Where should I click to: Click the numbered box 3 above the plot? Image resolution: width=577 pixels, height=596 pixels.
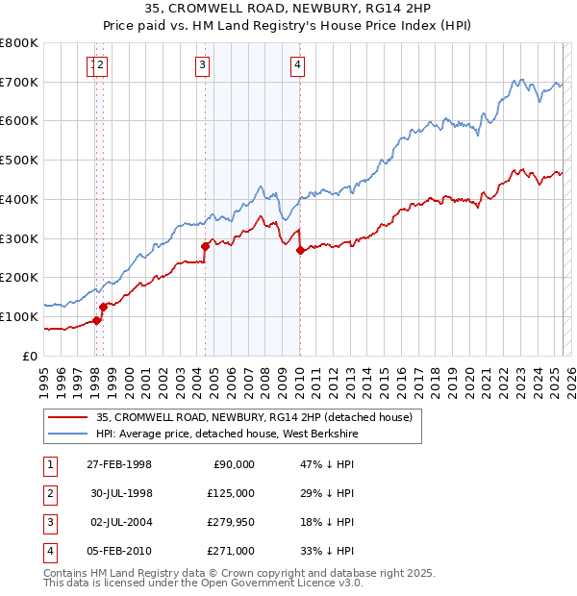[203, 65]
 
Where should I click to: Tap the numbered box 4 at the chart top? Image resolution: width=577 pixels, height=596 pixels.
[298, 65]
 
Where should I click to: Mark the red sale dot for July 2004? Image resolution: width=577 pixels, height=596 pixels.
[205, 246]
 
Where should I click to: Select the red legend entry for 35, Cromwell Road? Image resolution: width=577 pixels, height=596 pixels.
[254, 417]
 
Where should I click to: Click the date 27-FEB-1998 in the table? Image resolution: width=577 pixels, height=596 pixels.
[119, 465]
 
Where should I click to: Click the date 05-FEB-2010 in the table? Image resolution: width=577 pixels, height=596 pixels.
[119, 552]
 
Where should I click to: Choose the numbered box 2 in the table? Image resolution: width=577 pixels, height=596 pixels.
[49, 494]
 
